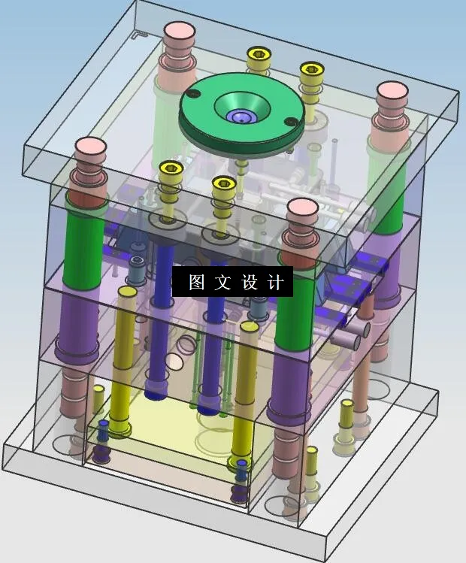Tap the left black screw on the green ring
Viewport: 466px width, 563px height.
(192, 93)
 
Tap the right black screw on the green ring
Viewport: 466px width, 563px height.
(289, 122)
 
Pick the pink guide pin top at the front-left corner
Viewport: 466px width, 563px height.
(89, 147)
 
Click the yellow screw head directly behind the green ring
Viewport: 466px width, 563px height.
(258, 54)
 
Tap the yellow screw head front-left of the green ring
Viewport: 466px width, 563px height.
(171, 168)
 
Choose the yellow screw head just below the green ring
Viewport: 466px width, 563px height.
(223, 183)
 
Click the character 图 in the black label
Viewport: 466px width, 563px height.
(196, 283)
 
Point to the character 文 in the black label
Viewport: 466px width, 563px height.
(222, 283)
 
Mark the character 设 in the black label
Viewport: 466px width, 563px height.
(250, 283)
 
